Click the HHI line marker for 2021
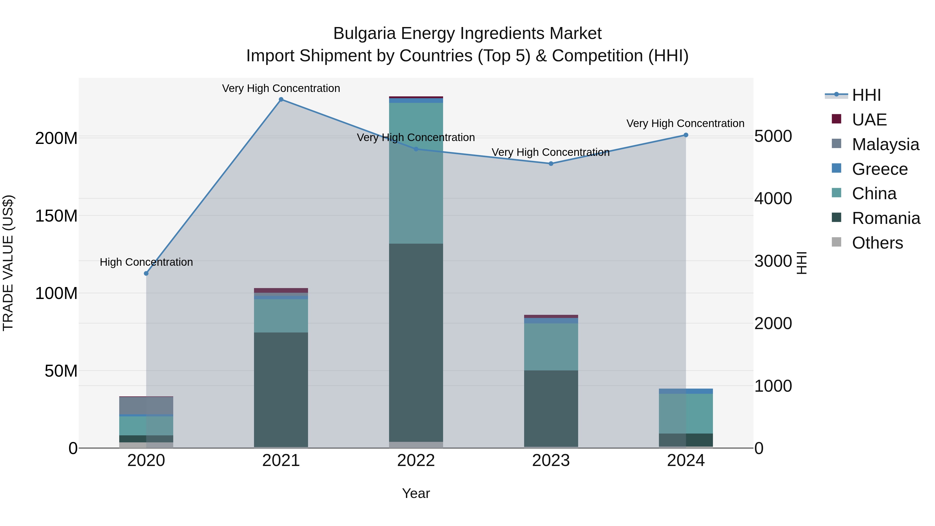click(x=281, y=99)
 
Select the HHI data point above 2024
click(x=686, y=135)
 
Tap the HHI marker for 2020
click(x=146, y=273)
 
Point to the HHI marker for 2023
click(x=551, y=164)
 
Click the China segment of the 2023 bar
click(x=551, y=347)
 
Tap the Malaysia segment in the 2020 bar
click(x=146, y=405)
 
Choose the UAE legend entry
click(x=869, y=120)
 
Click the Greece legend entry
click(x=879, y=169)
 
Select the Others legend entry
click(x=877, y=243)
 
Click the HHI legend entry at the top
click(x=866, y=95)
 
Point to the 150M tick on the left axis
click(x=56, y=216)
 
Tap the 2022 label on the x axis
click(x=416, y=461)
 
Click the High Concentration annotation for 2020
click(x=146, y=262)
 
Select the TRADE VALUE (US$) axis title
click(x=8, y=263)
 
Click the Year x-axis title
click(x=416, y=493)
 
